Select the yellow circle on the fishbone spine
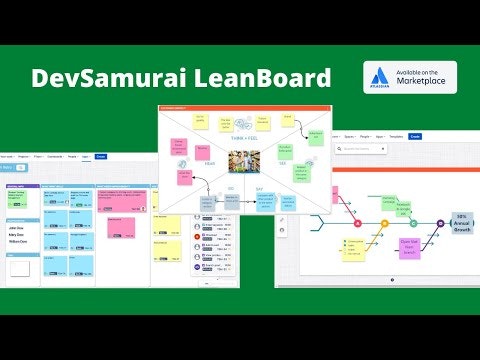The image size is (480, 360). click(384, 222)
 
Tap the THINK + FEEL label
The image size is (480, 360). click(244, 124)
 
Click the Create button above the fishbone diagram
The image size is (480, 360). click(415, 136)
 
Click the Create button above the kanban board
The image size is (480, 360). click(100, 156)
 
